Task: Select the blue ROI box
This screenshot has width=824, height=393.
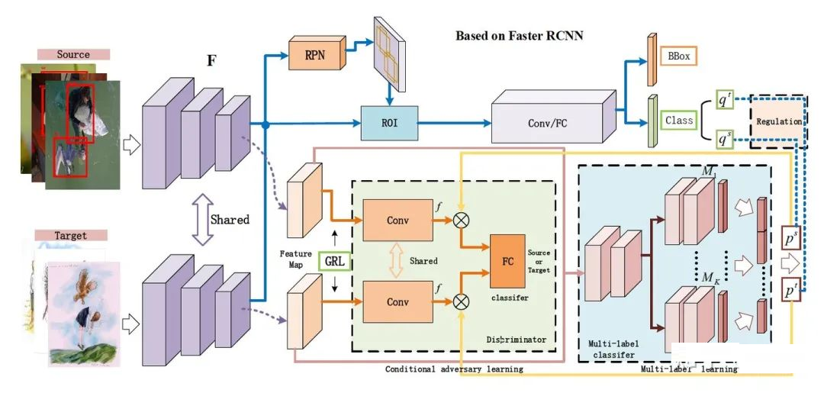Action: point(389,123)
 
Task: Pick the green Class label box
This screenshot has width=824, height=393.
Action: point(679,121)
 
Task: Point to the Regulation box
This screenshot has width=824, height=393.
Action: point(779,121)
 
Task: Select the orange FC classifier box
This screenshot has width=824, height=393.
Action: point(507,261)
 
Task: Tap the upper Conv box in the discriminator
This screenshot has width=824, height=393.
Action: point(398,221)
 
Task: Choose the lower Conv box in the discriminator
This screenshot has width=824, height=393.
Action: point(398,301)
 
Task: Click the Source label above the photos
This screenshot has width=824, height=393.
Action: point(73,55)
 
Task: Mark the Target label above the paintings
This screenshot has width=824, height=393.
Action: point(71,235)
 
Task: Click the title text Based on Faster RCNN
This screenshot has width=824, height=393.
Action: point(519,36)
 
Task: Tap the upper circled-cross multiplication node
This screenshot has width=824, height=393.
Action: point(461,221)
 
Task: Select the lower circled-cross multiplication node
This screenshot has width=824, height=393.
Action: point(461,301)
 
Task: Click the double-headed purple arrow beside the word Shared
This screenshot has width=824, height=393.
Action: point(202,220)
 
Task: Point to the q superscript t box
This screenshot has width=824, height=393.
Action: point(724,102)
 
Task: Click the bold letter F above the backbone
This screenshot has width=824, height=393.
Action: point(211,60)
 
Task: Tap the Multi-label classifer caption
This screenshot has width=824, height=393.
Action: point(613,349)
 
